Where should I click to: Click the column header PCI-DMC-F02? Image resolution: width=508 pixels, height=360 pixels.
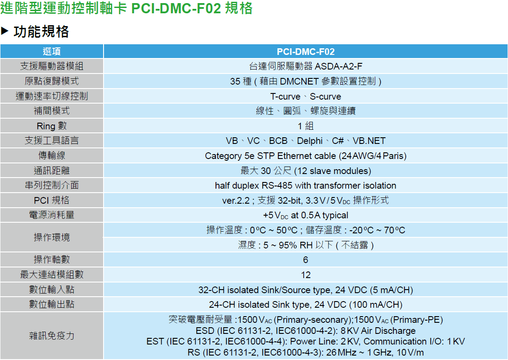tap(305, 51)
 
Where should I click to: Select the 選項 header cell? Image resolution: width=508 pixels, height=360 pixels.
tap(52, 51)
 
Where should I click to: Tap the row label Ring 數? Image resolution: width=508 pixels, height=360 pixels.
tap(52, 126)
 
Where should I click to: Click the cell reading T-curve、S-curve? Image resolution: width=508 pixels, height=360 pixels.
tap(305, 97)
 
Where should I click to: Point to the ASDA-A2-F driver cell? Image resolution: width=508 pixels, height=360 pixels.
tap(305, 66)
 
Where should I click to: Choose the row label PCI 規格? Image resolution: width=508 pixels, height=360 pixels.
tap(52, 200)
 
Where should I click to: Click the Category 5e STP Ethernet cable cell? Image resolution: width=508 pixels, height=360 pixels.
tap(305, 156)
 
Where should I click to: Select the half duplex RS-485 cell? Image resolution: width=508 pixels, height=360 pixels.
tap(305, 186)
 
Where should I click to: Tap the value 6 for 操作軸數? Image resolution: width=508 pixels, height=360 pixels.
tap(305, 260)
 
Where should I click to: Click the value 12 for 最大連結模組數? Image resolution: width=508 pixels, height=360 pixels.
tap(305, 275)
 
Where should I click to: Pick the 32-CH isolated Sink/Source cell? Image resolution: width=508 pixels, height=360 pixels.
tap(305, 290)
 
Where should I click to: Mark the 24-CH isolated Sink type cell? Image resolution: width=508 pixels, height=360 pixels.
tap(305, 305)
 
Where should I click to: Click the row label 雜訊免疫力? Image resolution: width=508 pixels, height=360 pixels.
tap(52, 336)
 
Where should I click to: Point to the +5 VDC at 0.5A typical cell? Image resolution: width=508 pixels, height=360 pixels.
tap(305, 216)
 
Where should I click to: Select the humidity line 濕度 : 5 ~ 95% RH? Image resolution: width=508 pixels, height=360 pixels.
tap(305, 245)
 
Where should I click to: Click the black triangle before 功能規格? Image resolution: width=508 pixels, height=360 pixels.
tap(5, 31)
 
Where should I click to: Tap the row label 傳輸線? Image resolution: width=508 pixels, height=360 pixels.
tap(52, 156)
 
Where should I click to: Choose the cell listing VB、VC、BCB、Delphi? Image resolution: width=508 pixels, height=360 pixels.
tap(305, 141)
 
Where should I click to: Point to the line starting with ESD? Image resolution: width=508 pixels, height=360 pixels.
tap(305, 331)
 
